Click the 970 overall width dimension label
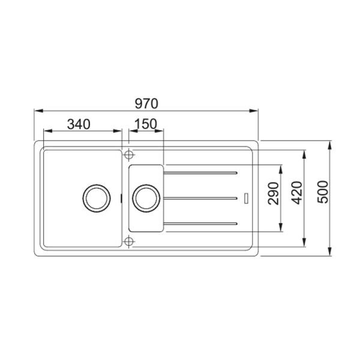tap(146, 104)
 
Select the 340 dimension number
tap(79, 124)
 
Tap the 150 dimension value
tap(146, 124)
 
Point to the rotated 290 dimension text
tap(274, 193)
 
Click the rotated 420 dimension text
tap(297, 193)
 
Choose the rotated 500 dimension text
tap(323, 192)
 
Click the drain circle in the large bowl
tap(97, 198)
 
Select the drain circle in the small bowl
tap(146, 198)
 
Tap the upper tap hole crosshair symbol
tap(129, 155)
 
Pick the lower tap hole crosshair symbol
tap(129, 242)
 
